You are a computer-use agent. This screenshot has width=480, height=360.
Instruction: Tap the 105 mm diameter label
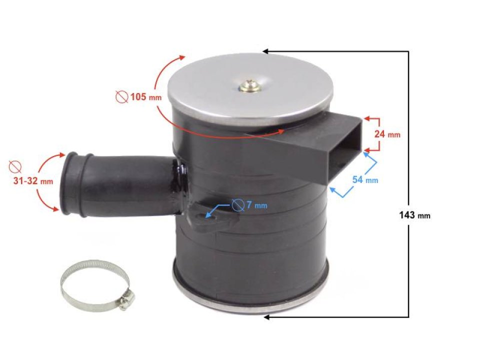coord(145,97)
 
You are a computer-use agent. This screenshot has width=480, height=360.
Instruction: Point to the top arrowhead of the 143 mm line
coord(265,51)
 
